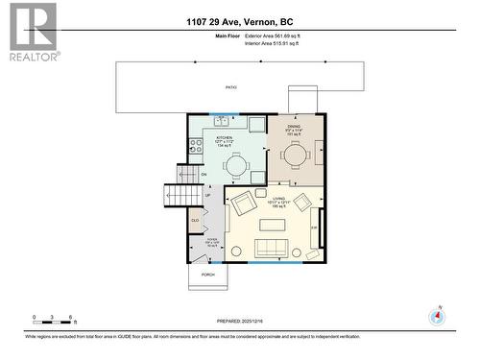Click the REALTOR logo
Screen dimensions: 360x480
[x=33, y=32]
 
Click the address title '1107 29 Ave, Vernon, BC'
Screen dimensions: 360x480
[x=239, y=21]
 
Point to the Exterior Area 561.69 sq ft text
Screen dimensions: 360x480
[x=264, y=36]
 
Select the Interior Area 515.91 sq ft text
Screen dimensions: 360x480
[x=264, y=43]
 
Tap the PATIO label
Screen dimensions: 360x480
[x=231, y=87]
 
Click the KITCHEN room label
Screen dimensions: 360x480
[x=224, y=141]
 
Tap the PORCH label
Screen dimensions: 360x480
[x=207, y=275]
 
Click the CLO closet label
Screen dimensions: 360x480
[x=194, y=221]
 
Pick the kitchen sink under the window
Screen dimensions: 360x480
[x=222, y=121]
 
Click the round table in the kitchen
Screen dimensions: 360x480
[x=236, y=165]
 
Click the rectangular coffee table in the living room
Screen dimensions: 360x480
[x=274, y=225]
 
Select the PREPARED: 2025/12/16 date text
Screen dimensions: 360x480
[x=239, y=323]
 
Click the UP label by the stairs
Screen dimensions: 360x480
[x=206, y=195]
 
